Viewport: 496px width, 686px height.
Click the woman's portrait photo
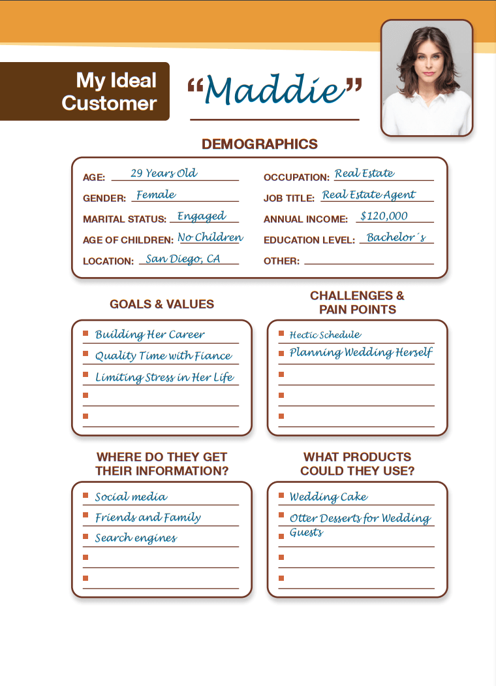point(427,78)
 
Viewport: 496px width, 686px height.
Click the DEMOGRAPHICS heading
point(260,144)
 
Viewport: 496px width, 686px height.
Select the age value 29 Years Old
point(164,174)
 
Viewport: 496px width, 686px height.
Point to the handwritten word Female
point(156,195)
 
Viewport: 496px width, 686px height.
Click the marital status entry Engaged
point(202,216)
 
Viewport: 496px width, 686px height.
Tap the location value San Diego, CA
point(183,259)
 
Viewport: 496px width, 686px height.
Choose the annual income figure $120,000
point(384,216)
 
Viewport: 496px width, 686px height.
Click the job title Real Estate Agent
point(369,195)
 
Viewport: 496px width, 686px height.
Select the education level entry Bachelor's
point(396,238)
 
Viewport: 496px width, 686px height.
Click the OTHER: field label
point(281,261)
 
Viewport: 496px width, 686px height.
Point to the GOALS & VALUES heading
point(162,304)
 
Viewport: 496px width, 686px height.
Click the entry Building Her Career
point(150,335)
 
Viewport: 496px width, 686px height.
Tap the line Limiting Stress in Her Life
point(164,378)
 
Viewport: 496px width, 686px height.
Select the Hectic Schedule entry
point(325,335)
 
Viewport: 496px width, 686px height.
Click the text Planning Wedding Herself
point(361,353)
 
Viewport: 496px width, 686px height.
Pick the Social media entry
point(131,497)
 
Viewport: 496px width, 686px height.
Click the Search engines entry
point(136,538)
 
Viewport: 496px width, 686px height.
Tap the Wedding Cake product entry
point(328,497)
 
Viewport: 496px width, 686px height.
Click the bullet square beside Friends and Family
point(85,516)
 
